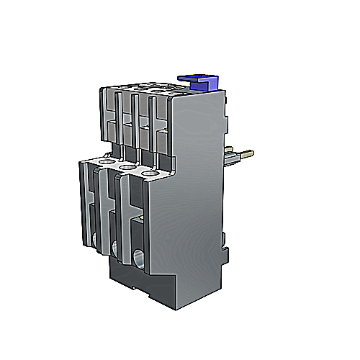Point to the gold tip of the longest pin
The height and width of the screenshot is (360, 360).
pyautogui.click(x=253, y=153)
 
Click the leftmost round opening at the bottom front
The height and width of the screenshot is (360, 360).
pyautogui.click(x=96, y=240)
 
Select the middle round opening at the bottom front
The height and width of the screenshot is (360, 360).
pyautogui.click(x=115, y=248)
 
